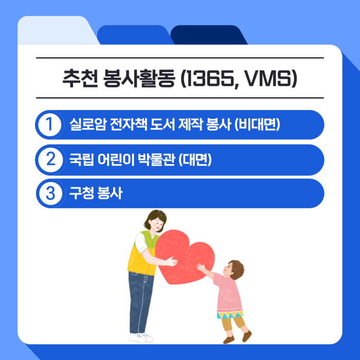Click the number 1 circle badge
(49, 124)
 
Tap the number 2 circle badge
(49, 159)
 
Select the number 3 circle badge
(49, 193)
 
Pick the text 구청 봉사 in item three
(96, 193)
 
